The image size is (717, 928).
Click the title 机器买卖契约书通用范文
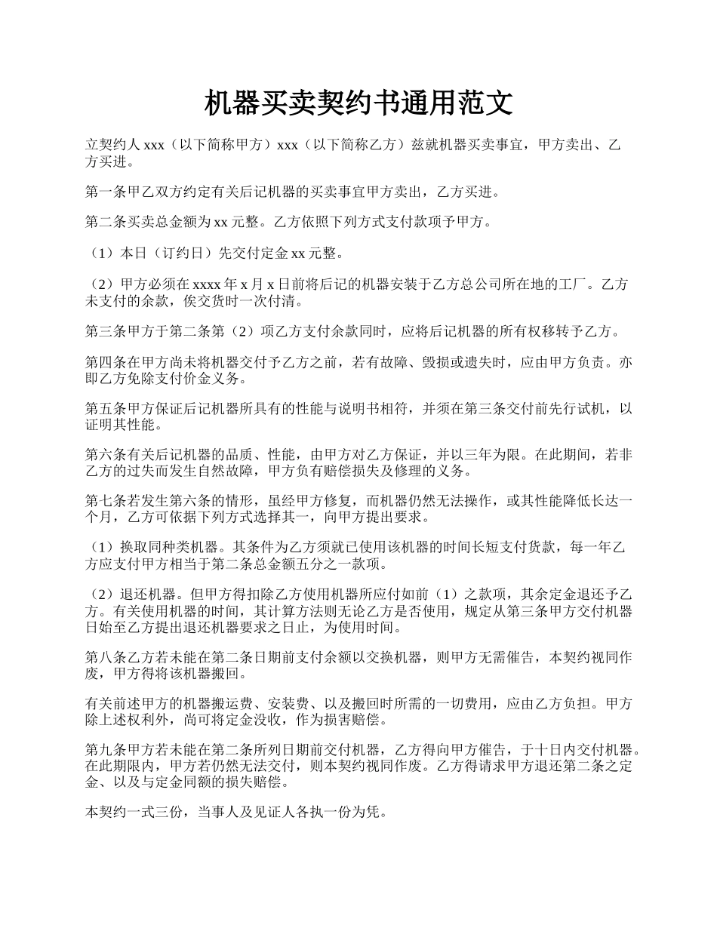[358, 103]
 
